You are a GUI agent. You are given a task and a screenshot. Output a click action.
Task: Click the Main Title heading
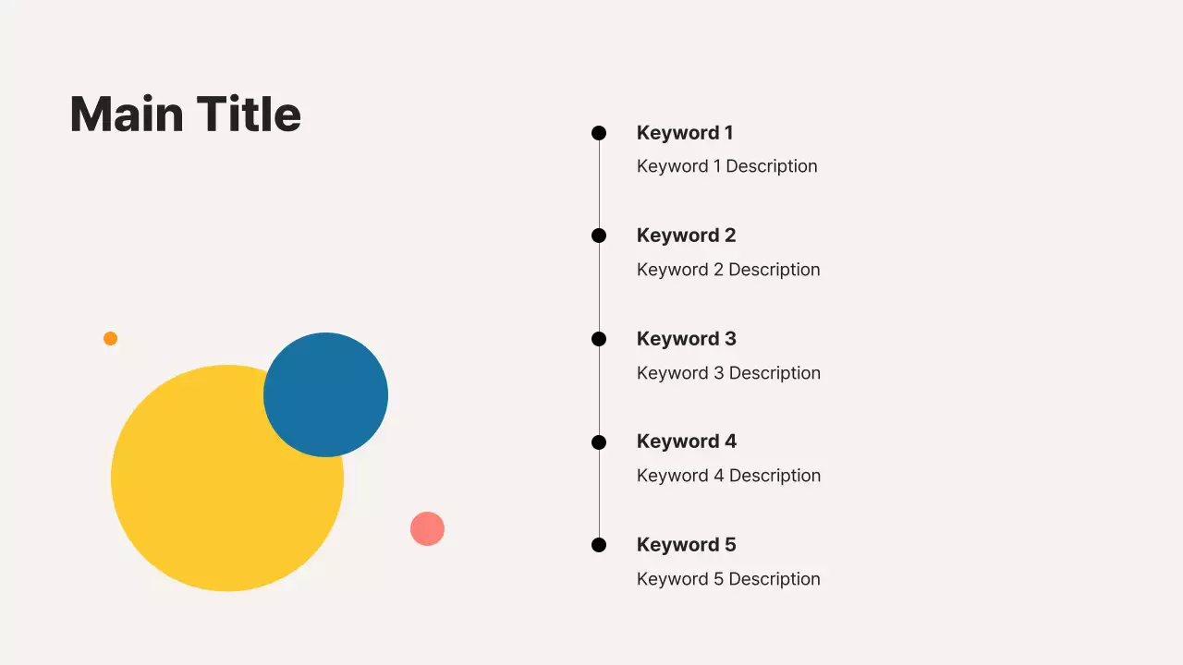(x=185, y=115)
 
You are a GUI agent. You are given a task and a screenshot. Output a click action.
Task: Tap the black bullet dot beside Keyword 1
(x=599, y=133)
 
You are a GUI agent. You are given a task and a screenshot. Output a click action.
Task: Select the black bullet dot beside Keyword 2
(x=599, y=236)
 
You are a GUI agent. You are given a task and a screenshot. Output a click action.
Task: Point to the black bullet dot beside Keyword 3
(x=599, y=339)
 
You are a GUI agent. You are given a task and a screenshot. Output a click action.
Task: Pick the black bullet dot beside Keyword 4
(x=599, y=442)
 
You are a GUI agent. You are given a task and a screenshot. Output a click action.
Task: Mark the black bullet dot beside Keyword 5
(x=599, y=545)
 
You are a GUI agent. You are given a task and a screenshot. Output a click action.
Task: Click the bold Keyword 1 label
(x=685, y=133)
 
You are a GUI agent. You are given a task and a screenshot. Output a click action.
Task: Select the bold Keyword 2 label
(x=686, y=236)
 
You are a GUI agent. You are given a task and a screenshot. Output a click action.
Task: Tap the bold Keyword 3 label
(x=686, y=339)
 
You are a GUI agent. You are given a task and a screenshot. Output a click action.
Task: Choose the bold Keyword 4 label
(x=686, y=441)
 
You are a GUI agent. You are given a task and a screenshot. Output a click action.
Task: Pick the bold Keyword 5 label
(x=686, y=545)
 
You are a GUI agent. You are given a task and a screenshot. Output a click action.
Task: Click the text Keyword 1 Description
(x=726, y=166)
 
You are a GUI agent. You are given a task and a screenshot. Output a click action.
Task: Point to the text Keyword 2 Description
(x=728, y=270)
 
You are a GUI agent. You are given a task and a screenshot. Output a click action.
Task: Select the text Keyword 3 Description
(x=728, y=373)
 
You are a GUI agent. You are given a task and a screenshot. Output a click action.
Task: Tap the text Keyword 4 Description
(x=728, y=476)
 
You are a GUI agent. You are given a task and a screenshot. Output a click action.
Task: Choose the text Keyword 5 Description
(x=728, y=579)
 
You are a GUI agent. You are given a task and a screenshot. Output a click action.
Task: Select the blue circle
(x=326, y=394)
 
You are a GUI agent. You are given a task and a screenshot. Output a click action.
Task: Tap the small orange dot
(x=110, y=338)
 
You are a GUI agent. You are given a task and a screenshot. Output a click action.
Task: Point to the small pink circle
(x=427, y=528)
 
